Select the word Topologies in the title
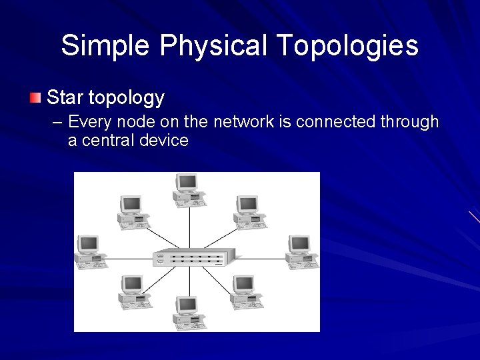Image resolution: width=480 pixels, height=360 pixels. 347,46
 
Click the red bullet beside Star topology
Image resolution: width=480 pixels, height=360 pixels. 35,99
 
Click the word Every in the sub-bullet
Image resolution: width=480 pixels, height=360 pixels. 88,122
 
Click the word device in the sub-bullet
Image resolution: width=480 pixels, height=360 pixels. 163,141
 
